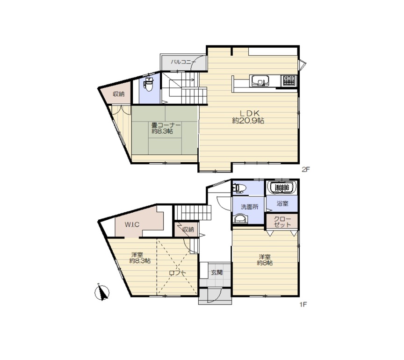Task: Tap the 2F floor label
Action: click(x=306, y=169)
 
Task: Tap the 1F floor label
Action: click(x=303, y=304)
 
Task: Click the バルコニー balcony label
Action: click(x=183, y=62)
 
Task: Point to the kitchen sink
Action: click(x=260, y=81)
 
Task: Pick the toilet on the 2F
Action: click(x=149, y=84)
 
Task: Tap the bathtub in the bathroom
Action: click(x=282, y=187)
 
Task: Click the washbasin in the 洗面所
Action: click(x=240, y=218)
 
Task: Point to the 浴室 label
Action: click(x=282, y=203)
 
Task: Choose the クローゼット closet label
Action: click(x=282, y=222)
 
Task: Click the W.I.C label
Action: click(x=132, y=224)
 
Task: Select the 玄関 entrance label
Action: click(x=217, y=272)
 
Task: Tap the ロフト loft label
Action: click(x=178, y=273)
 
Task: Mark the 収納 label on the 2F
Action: click(x=119, y=94)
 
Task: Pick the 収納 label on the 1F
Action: click(x=188, y=230)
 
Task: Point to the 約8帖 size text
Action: click(x=265, y=263)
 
